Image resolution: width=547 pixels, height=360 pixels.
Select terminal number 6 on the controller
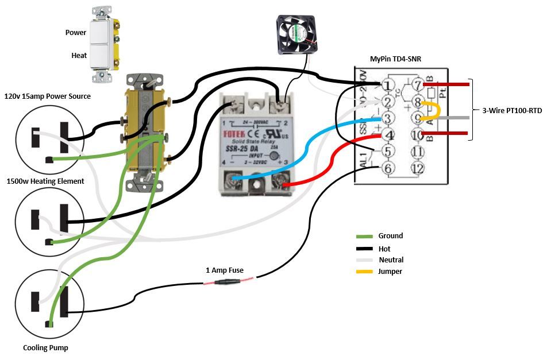(388, 168)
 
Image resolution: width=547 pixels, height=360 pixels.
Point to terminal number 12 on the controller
(418, 168)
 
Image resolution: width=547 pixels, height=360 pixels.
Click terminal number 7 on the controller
(418, 86)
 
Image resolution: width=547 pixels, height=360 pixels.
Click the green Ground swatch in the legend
(364, 237)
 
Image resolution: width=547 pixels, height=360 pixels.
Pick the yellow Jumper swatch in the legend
(364, 272)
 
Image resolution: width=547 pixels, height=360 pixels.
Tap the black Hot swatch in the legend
(364, 249)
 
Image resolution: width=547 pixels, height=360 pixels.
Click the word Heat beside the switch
(79, 56)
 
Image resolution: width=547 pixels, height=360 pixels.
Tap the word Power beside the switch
(76, 33)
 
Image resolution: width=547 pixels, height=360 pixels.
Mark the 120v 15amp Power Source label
(47, 96)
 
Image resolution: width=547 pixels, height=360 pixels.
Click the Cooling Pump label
(45, 347)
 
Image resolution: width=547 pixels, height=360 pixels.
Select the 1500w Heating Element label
(45, 181)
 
